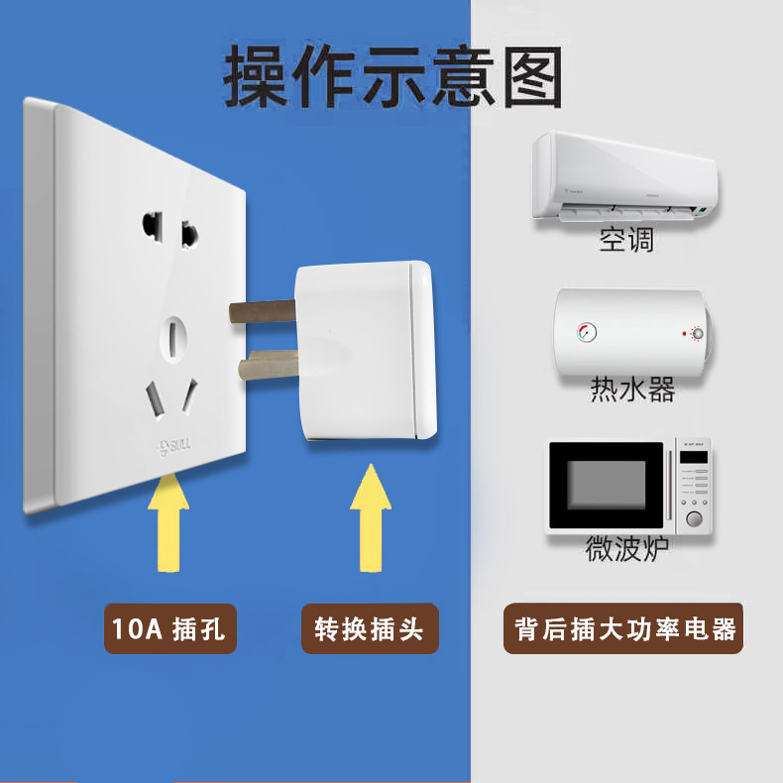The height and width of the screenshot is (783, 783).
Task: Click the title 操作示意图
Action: pos(393,74)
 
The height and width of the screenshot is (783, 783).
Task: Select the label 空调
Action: pos(626,239)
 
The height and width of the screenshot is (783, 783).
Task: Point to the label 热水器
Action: pos(632,389)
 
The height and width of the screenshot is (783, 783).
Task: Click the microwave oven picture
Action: pos(632,488)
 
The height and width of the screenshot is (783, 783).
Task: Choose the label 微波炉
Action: pos(627,548)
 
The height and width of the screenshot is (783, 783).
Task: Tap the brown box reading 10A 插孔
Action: pos(170,628)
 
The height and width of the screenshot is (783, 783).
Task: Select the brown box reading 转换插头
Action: pos(369,628)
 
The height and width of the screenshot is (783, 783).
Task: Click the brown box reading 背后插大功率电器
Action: pos(626,628)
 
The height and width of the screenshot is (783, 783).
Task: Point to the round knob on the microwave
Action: pos(694,519)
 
